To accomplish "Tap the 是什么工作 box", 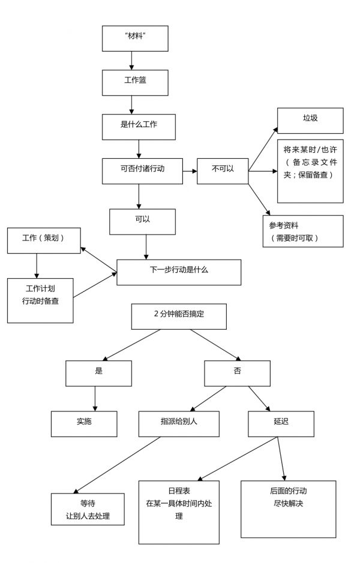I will click(139, 127).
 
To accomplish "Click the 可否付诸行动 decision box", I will click(141, 171).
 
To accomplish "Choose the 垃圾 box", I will click(310, 121).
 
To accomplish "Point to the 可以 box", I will click(143, 221).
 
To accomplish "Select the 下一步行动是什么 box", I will click(178, 272).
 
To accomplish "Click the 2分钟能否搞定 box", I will click(179, 316).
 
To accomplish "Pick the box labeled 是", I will click(98, 372).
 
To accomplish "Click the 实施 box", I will click(83, 423).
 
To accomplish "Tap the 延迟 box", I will click(281, 423).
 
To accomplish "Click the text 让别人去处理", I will click(88, 516).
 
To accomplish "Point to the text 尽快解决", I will click(288, 503).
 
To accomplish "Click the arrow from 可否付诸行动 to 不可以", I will click(189, 171).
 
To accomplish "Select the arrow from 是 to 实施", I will click(95, 399).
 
